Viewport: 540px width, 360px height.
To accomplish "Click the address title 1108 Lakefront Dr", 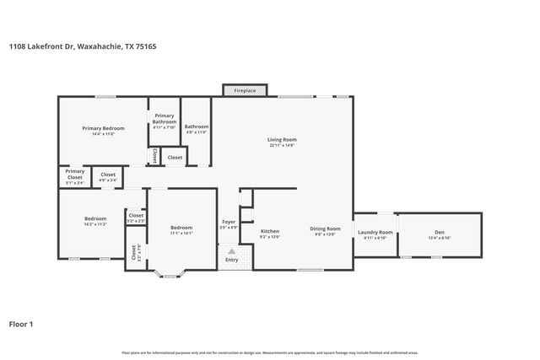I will [x=82, y=47].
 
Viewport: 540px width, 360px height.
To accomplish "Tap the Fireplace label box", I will [x=245, y=90].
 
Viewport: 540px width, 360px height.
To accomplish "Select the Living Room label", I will [x=282, y=140].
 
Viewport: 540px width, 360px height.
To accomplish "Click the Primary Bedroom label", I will [x=103, y=128].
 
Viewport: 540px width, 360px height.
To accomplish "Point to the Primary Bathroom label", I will [x=164, y=119].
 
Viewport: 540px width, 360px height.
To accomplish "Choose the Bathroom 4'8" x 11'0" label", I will [x=196, y=126].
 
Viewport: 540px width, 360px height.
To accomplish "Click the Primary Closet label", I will [x=75, y=174].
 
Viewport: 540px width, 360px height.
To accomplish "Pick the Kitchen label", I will [x=269, y=231].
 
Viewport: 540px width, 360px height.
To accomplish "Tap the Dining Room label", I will [x=324, y=228].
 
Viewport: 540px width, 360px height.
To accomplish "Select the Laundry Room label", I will [x=375, y=232].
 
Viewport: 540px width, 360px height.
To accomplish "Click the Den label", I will [x=440, y=232].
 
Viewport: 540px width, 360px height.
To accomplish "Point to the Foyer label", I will [x=229, y=222].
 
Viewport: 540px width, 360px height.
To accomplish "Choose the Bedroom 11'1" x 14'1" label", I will [x=181, y=228].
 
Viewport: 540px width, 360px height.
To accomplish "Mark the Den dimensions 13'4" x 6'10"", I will [x=440, y=239].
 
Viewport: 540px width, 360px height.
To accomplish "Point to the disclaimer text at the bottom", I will [x=269, y=352].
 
